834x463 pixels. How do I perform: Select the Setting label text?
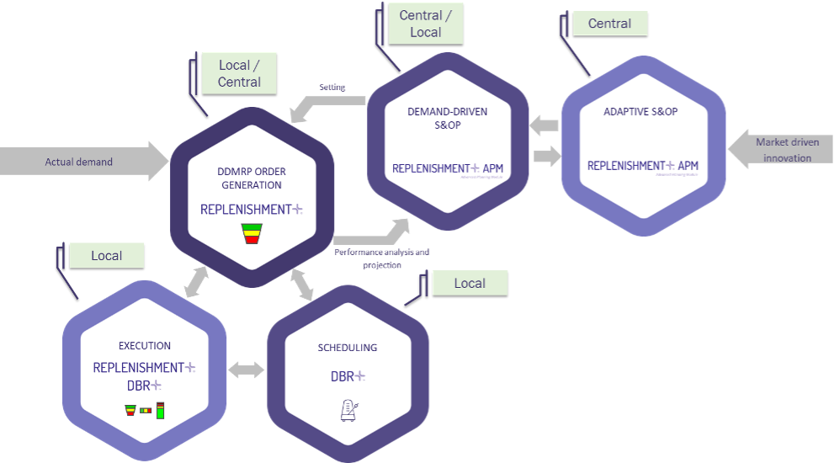[x=332, y=87]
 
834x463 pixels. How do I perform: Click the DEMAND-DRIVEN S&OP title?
[x=447, y=118]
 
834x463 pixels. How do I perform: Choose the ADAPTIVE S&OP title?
[x=640, y=111]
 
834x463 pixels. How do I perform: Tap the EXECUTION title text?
[x=145, y=345]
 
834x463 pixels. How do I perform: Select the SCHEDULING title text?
[x=348, y=347]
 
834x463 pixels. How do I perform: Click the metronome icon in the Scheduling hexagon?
[x=348, y=409]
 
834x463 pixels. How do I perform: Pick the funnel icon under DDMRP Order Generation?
[x=252, y=233]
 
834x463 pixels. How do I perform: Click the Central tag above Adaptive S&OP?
[x=610, y=24]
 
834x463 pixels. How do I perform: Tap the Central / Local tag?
[x=425, y=24]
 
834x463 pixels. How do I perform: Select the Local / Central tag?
[x=239, y=73]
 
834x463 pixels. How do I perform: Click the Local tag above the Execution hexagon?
[x=106, y=255]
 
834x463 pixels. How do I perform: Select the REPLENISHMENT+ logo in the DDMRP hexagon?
[x=251, y=209]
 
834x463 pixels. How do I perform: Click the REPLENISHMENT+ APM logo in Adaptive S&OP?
[x=642, y=167]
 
